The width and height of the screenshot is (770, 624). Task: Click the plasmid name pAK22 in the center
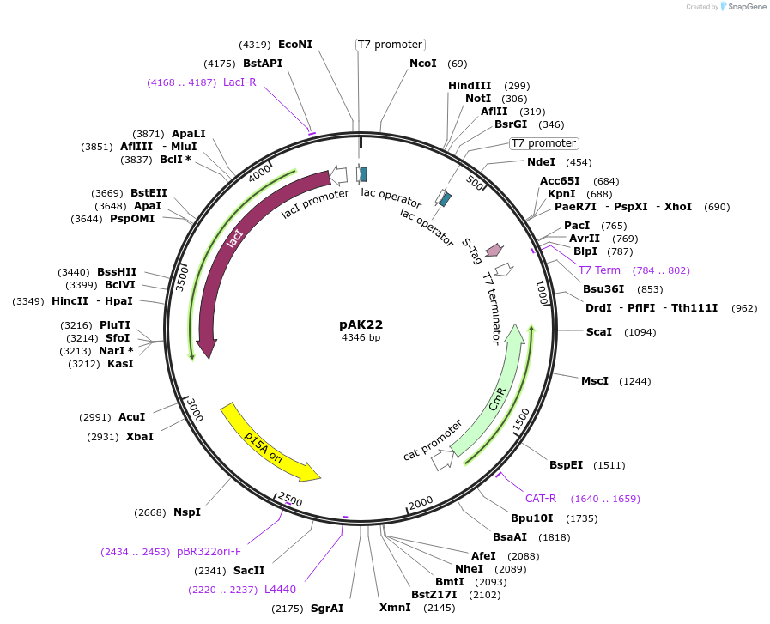coord(361,324)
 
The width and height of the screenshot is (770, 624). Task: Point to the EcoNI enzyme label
coord(295,45)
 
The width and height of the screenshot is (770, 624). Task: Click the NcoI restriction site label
coord(422,64)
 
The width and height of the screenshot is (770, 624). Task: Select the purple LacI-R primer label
coord(239,82)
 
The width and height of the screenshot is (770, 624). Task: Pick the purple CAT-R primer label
coord(541,499)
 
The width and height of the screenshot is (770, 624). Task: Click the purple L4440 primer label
coord(280,589)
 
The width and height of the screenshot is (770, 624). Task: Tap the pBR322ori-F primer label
coord(209,552)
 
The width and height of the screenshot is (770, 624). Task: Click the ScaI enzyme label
coord(598,331)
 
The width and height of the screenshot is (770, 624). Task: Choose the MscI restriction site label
coord(595,381)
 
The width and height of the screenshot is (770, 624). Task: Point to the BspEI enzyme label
coord(566,465)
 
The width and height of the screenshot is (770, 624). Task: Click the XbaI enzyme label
coord(140,437)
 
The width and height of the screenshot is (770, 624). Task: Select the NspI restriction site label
coord(186,512)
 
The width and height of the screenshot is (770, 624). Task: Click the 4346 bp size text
coord(361,337)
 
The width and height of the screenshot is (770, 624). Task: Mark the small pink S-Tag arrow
coord(494,250)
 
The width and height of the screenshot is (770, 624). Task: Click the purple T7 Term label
coord(599,270)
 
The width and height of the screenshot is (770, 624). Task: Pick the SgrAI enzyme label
coord(327,609)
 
